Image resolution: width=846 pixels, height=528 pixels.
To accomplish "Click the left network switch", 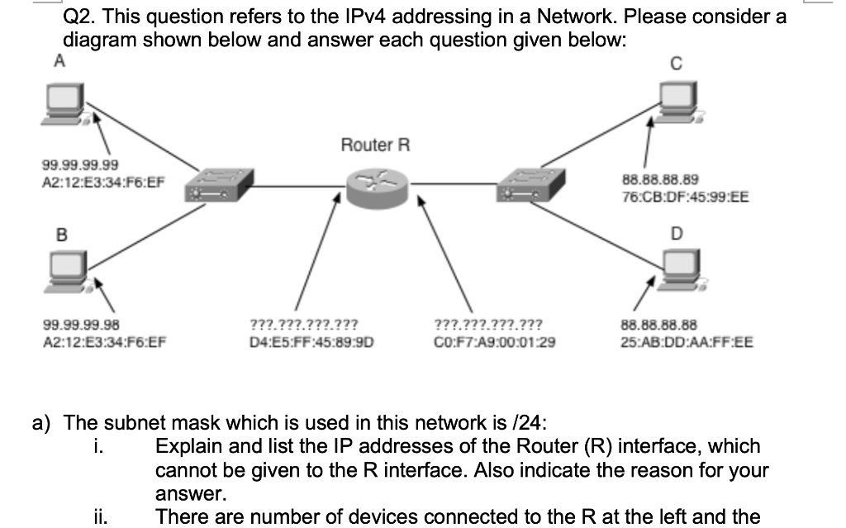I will [x=216, y=185].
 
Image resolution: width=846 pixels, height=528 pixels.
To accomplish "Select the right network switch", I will [x=530, y=184].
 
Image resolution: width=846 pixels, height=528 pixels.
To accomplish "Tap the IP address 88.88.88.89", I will [x=659, y=179].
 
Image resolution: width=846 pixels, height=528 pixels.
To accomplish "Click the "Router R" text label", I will [x=375, y=145].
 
